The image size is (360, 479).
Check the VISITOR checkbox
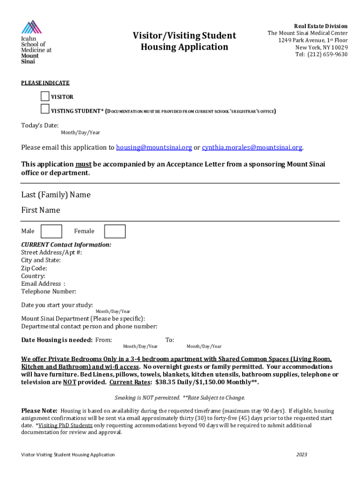[x=45, y=97]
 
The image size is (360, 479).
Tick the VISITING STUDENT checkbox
[x=45, y=109]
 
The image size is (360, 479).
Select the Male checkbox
[x=51, y=231]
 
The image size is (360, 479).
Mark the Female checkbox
[x=115, y=231]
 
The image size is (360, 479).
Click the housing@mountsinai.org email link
[x=154, y=148]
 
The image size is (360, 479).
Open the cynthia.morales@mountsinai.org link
[x=252, y=148]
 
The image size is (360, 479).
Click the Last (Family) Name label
[x=56, y=195]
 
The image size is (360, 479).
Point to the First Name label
[x=41, y=210]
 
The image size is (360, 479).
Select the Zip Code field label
[x=34, y=268]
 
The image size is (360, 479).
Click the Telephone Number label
[x=49, y=291]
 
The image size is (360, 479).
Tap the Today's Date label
[x=40, y=125]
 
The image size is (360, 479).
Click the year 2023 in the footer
[x=302, y=455]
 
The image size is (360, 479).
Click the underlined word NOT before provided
[x=70, y=382]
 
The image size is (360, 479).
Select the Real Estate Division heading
[x=320, y=26]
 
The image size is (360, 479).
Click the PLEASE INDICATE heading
[x=45, y=83]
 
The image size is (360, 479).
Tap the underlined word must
[x=83, y=164]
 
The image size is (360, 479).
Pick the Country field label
[x=33, y=276]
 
